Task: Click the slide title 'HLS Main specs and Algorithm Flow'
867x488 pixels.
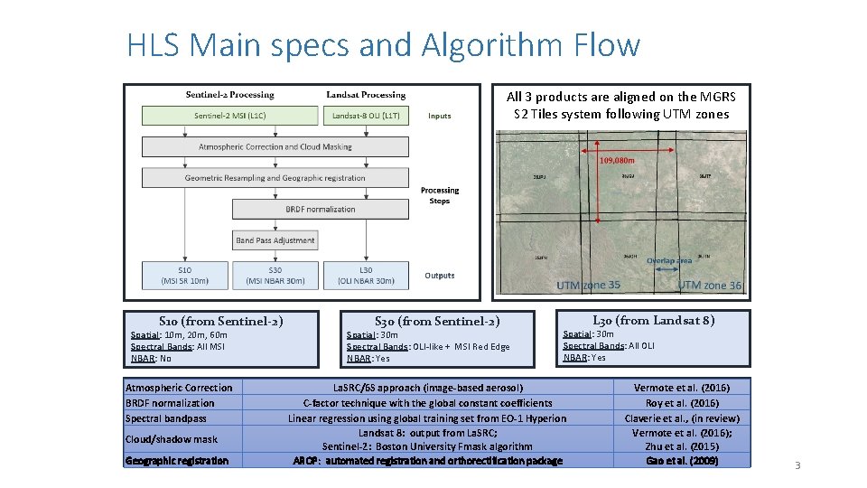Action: coord(383,44)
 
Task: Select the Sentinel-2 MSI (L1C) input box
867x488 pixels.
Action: coord(230,116)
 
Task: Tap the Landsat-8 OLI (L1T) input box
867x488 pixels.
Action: coord(366,116)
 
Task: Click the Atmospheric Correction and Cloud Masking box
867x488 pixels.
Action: coord(275,146)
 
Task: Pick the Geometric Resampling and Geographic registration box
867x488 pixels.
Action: coord(275,178)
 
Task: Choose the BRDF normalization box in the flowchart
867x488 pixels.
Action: coord(321,209)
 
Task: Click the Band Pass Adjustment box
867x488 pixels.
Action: coord(275,240)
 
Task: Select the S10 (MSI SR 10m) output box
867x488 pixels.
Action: coord(184,275)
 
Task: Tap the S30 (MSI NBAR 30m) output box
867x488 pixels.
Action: coord(275,275)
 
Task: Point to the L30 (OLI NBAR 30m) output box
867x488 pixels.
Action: coord(366,275)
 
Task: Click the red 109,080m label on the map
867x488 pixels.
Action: coord(618,161)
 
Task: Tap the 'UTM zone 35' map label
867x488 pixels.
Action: coord(588,286)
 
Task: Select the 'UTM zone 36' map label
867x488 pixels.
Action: coord(709,286)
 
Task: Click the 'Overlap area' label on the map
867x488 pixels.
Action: coord(668,260)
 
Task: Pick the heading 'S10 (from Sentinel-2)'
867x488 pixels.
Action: coord(221,321)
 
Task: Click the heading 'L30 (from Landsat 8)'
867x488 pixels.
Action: coord(654,320)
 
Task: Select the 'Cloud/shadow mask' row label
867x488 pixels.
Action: coord(172,439)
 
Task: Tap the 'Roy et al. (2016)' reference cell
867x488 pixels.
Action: coord(682,403)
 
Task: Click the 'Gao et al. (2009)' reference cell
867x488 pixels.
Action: coord(682,461)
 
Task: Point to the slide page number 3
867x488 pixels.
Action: coord(797,465)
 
